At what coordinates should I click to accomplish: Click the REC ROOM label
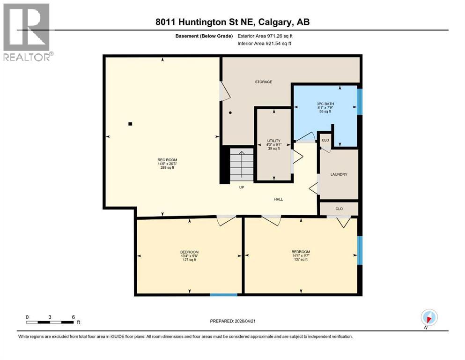tap(167, 160)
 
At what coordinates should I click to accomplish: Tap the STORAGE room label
tap(263, 82)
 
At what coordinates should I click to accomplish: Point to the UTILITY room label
tap(273, 141)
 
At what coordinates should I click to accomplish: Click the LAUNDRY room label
tap(339, 174)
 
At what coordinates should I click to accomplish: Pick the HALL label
tap(279, 199)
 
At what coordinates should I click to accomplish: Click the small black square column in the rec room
tap(130, 124)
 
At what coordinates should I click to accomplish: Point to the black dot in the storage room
tap(230, 113)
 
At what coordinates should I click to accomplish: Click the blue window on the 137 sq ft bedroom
tap(360, 250)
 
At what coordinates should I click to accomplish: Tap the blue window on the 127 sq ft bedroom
tap(223, 294)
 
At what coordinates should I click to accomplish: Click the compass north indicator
tap(428, 317)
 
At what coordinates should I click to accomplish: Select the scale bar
tap(50, 322)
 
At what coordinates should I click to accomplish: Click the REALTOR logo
tap(27, 32)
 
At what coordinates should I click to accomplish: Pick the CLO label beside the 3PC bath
tap(325, 139)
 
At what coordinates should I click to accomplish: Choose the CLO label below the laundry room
tap(339, 208)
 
